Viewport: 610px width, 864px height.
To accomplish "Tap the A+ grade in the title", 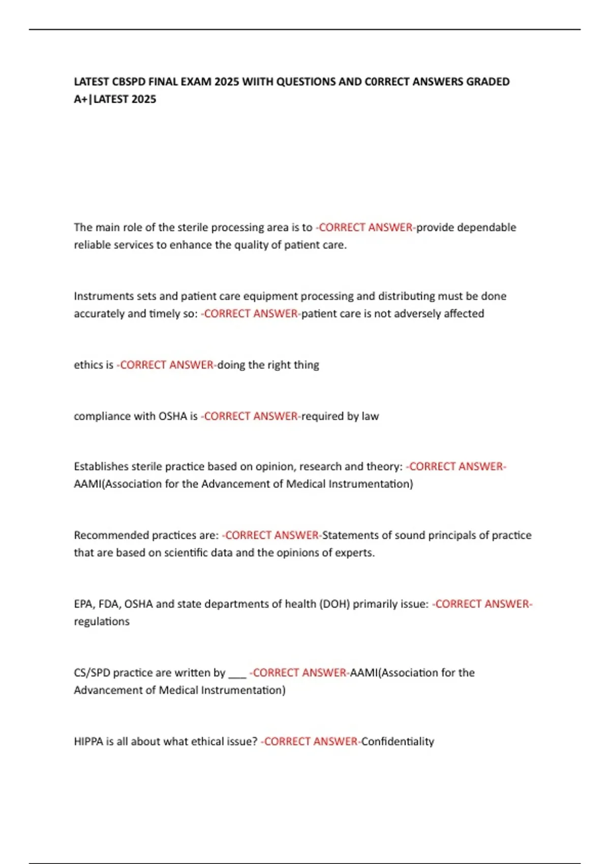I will point(81,99).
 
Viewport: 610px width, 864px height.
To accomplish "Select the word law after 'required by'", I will point(370,416).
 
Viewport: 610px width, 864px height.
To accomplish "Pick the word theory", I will point(381,467).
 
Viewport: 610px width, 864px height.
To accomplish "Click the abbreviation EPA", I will point(83,604).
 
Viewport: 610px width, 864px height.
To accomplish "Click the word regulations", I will point(102,622).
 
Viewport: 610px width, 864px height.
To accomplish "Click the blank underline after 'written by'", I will point(237,674).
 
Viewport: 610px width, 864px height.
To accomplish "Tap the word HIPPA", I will point(88,742).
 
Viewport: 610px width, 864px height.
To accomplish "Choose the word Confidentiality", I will point(398,742).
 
